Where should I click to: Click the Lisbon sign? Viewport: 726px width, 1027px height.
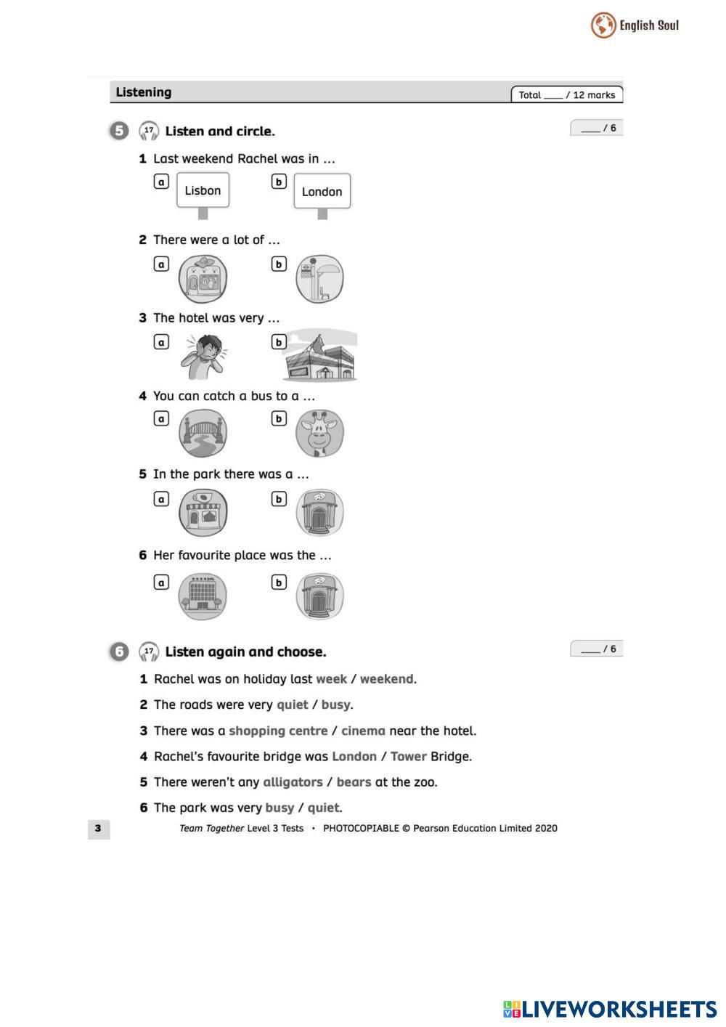pyautogui.click(x=203, y=190)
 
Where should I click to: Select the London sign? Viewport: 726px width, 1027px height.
pyautogui.click(x=322, y=191)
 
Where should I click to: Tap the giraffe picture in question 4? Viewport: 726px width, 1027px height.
pyautogui.click(x=319, y=434)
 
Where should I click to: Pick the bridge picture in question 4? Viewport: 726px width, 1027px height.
pyautogui.click(x=203, y=434)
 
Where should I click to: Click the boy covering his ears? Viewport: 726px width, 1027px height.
pyautogui.click(x=205, y=356)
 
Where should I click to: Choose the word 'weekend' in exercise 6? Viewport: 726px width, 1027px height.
pyautogui.click(x=386, y=679)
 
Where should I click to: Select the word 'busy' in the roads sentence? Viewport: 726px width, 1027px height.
pyautogui.click(x=335, y=705)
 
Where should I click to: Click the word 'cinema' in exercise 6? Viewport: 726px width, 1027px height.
pyautogui.click(x=363, y=731)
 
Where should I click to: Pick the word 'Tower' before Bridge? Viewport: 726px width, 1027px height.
pyautogui.click(x=408, y=756)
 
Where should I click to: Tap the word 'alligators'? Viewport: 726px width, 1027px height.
pyautogui.click(x=293, y=782)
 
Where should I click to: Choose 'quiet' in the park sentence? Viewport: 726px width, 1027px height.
pyautogui.click(x=323, y=808)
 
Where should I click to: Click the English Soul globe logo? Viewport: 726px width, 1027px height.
pyautogui.click(x=603, y=25)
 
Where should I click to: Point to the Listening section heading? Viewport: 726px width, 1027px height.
pyautogui.click(x=144, y=92)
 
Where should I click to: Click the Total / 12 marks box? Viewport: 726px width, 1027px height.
pyautogui.click(x=567, y=94)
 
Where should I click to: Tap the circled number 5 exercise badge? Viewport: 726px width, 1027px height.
pyautogui.click(x=119, y=131)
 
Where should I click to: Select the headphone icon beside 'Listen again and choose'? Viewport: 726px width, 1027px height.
pyautogui.click(x=149, y=651)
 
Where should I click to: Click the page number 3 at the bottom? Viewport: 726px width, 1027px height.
pyautogui.click(x=98, y=828)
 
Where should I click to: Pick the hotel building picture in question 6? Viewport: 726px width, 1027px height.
pyautogui.click(x=203, y=596)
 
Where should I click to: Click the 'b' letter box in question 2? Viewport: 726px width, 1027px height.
pyautogui.click(x=279, y=264)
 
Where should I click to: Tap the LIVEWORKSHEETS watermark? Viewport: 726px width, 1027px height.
pyautogui.click(x=609, y=1009)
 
